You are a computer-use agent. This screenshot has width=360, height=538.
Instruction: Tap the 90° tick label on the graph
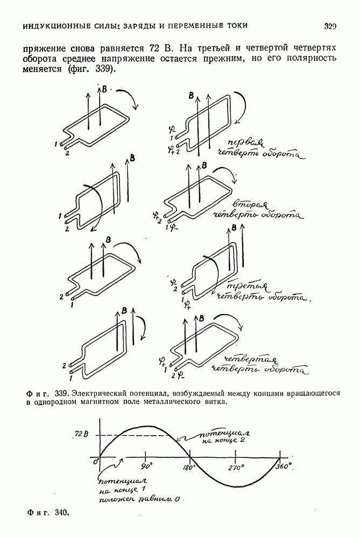click(146, 468)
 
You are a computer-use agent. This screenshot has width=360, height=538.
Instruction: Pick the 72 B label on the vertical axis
click(81, 434)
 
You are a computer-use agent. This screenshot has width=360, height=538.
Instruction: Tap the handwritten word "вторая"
click(248, 203)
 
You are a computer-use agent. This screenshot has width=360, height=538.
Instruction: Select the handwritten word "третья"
click(248, 286)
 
